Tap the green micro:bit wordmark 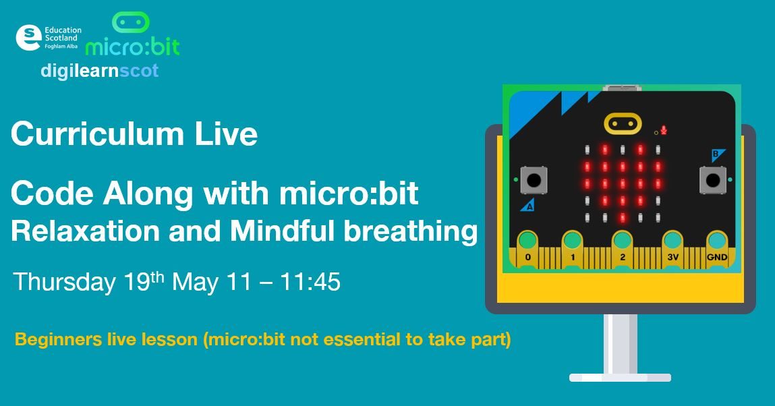tap(133, 47)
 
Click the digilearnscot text tap(100, 71)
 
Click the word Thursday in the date tap(64, 282)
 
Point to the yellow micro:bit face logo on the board tap(622, 123)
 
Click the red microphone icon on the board tap(664, 129)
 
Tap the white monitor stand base tap(620, 377)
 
